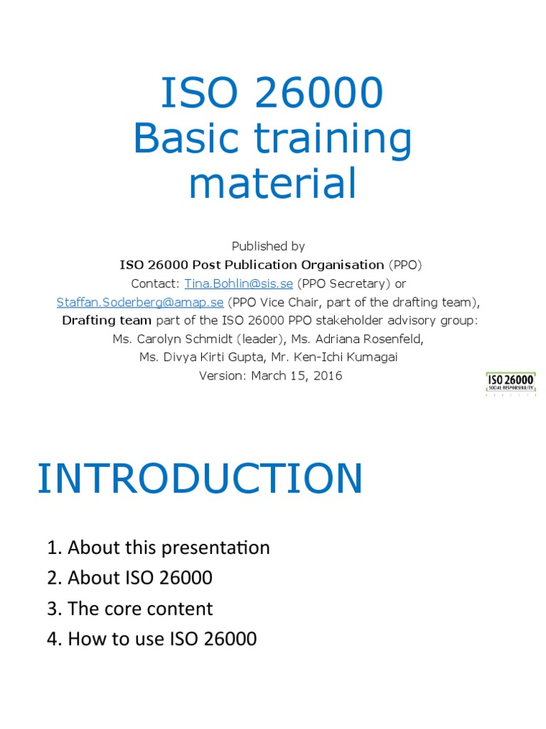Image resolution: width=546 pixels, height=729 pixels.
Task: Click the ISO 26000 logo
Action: [x=510, y=383]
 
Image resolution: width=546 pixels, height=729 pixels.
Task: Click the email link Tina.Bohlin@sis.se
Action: [x=239, y=283]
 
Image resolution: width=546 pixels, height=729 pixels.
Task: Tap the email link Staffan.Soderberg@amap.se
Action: [x=140, y=302]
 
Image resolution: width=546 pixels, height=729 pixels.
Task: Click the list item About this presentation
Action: [x=159, y=547]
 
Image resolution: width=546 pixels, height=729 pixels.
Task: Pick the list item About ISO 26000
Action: [x=130, y=577]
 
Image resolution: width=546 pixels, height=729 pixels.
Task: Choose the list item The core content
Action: [x=130, y=609]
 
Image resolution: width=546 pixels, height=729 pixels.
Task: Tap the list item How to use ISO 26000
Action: [x=152, y=639]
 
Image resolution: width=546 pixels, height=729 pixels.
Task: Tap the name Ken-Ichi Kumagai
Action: [x=355, y=357]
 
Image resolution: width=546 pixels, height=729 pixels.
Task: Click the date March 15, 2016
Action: [x=296, y=376]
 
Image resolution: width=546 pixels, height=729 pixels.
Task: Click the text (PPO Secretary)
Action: [x=343, y=283]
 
